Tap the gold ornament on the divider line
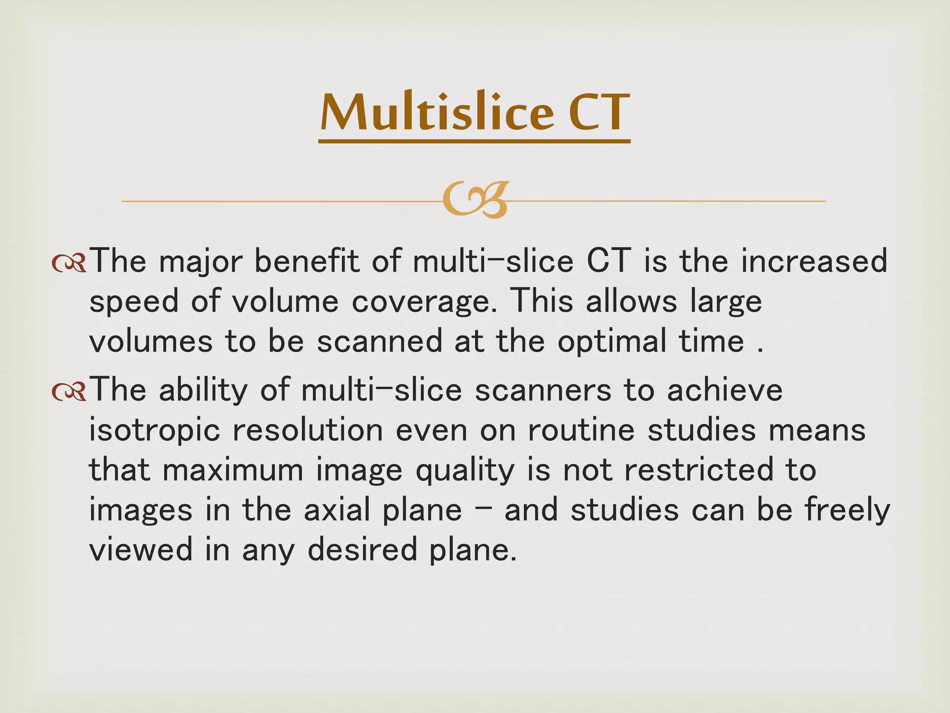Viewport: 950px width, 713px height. (x=475, y=201)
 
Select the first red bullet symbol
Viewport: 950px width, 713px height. (x=69, y=263)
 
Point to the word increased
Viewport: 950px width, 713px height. (x=814, y=261)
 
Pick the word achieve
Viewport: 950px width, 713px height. (x=725, y=390)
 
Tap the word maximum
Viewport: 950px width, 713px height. (x=233, y=471)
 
